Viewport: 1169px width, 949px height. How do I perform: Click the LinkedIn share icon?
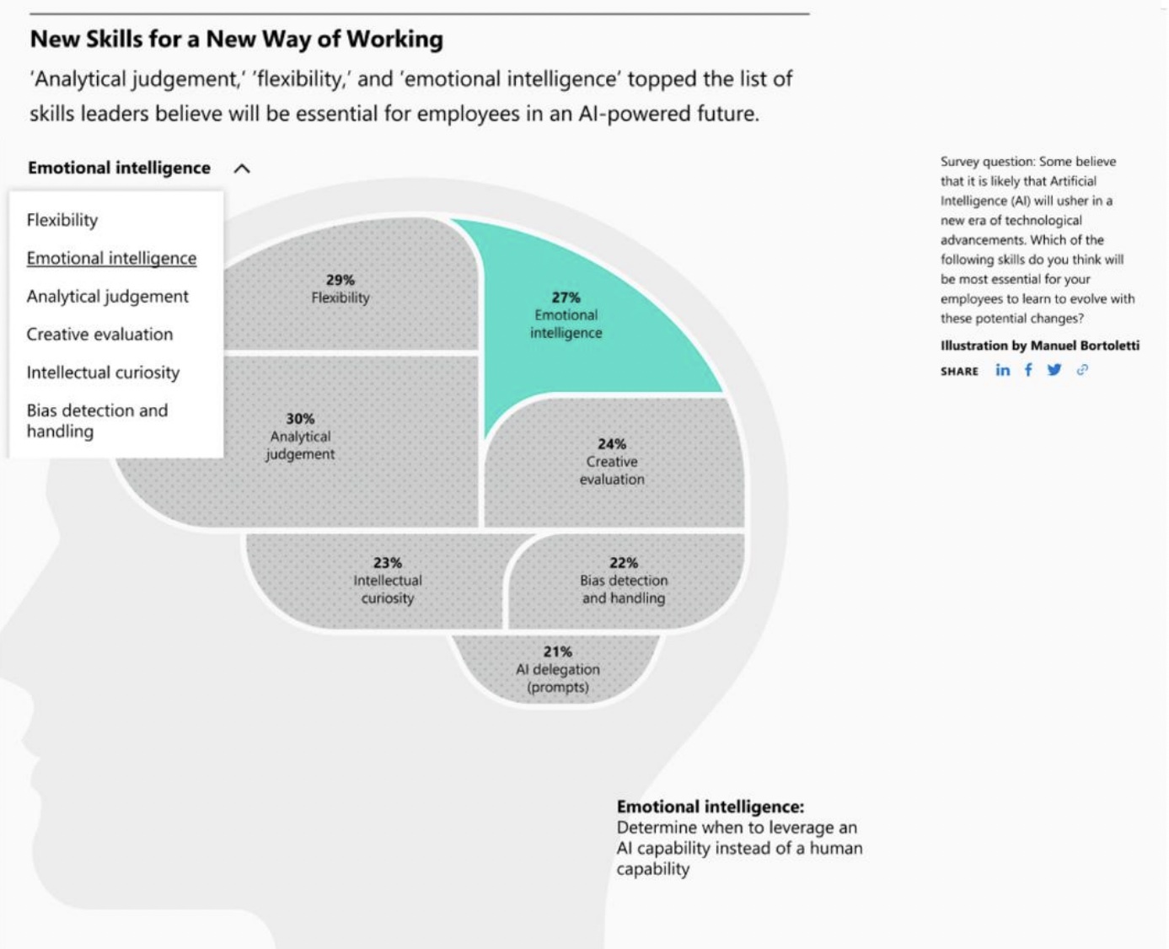pyautogui.click(x=1002, y=371)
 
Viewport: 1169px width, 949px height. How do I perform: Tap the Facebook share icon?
pyautogui.click(x=1028, y=370)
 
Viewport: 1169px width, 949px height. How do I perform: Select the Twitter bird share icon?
pyautogui.click(x=1054, y=370)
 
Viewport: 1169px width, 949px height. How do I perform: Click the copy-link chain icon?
pyautogui.click(x=1081, y=370)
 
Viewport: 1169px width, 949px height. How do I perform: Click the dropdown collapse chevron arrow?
pyautogui.click(x=242, y=169)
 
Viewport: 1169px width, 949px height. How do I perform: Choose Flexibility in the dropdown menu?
pyautogui.click(x=62, y=220)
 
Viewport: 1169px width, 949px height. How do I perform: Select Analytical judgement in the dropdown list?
pyautogui.click(x=108, y=297)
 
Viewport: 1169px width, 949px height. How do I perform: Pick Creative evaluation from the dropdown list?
pyautogui.click(x=100, y=335)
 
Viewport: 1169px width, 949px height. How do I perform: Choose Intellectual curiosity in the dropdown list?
pyautogui.click(x=103, y=373)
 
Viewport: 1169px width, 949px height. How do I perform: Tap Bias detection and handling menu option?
pyautogui.click(x=97, y=421)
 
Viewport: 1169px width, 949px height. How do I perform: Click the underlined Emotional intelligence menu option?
pyautogui.click(x=111, y=258)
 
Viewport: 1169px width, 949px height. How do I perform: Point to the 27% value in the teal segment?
pyautogui.click(x=566, y=298)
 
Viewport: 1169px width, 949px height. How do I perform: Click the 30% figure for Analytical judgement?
pyautogui.click(x=300, y=419)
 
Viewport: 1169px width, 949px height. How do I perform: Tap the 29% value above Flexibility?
pyautogui.click(x=341, y=280)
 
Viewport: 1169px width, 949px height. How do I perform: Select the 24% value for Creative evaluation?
pyautogui.click(x=612, y=444)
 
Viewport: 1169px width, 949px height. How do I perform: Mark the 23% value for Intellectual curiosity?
pyautogui.click(x=388, y=563)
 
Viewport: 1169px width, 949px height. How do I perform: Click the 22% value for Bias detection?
pyautogui.click(x=624, y=563)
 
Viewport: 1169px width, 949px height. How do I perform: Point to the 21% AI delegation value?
pyautogui.click(x=558, y=651)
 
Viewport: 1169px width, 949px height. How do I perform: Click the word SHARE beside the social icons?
pyautogui.click(x=959, y=372)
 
